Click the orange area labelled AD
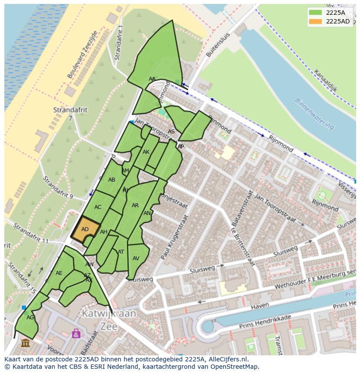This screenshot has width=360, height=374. tap(85, 229)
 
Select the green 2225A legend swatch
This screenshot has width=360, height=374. tap(315, 13)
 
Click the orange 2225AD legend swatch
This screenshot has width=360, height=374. tap(315, 22)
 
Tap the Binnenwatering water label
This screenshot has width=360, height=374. tap(314, 114)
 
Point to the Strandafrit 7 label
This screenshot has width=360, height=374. tap(70, 114)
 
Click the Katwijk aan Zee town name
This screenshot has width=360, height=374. tap(109, 320)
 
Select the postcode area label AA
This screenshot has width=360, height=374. tap(152, 79)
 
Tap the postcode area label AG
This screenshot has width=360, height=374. tap(30, 318)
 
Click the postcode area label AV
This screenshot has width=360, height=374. tap(136, 258)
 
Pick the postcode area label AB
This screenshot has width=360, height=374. tap(112, 180)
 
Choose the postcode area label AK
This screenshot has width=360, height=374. tap(146, 152)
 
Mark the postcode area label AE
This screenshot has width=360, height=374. tap(59, 273)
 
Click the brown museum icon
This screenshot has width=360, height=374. tap(25, 343)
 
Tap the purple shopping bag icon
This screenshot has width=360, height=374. tap(76, 333)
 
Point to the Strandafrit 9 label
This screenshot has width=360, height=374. tap(59, 187)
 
